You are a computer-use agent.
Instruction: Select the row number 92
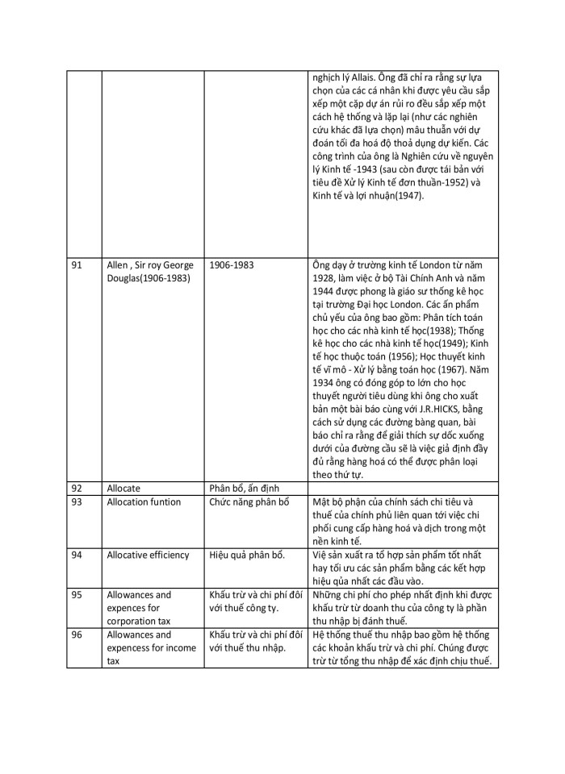[77, 488]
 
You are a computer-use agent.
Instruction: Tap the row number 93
[77, 502]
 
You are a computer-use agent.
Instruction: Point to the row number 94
[77, 555]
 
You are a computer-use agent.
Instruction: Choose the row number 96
[77, 635]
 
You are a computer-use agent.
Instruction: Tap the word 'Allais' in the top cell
[354, 78]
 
